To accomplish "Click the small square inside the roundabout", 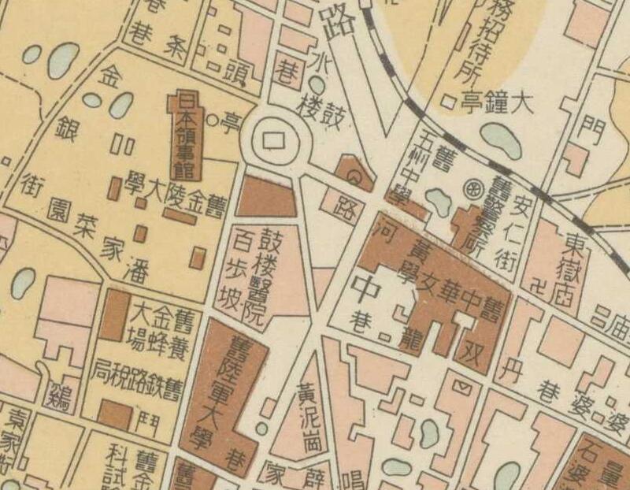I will (275, 139).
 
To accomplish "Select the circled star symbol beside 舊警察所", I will (474, 189).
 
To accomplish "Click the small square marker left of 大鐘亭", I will (448, 101).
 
